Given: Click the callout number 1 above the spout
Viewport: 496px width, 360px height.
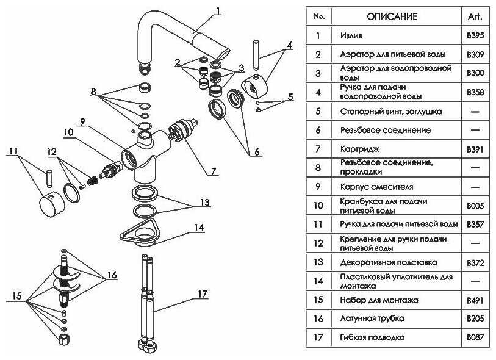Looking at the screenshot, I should click(x=218, y=10).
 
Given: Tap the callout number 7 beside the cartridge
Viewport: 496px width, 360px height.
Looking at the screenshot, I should click(x=213, y=171).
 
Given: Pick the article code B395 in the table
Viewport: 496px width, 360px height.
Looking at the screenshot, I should click(x=475, y=35).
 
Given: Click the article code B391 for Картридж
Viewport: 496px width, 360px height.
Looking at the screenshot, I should click(x=475, y=149).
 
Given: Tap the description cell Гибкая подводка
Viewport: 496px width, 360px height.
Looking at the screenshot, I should click(x=372, y=337).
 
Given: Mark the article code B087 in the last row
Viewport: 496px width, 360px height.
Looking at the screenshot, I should click(x=475, y=337).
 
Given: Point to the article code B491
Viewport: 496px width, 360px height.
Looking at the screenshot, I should click(x=475, y=300).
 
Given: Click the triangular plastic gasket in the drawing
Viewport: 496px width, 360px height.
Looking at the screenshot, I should click(x=142, y=230).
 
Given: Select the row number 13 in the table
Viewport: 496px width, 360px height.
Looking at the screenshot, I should click(x=318, y=262).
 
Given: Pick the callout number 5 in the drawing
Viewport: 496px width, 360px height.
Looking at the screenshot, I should click(x=290, y=96).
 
